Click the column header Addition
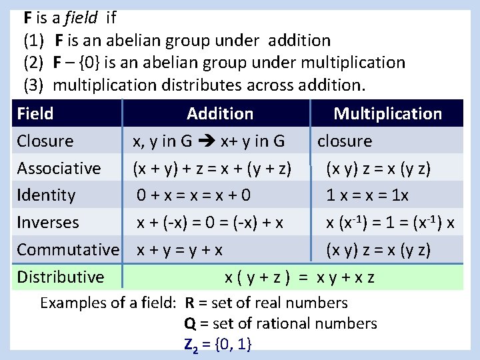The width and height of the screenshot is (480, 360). tap(220, 114)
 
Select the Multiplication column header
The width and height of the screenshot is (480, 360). tap(387, 114)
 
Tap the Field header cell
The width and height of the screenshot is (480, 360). tap(35, 114)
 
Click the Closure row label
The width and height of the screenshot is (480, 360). tap(45, 141)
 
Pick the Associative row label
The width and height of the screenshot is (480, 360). tap(59, 169)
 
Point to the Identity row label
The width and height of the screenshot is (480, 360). tap(46, 195)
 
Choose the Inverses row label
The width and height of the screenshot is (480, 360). tap(48, 223)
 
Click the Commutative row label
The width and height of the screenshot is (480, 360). tap(67, 250)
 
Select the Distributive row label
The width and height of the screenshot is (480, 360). tap(61, 277)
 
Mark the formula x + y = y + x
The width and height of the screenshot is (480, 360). tap(180, 250)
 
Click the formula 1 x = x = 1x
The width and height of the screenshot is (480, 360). tap(367, 195)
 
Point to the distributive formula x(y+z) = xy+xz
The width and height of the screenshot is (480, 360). tap(299, 277)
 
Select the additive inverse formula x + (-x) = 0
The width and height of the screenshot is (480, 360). tap(211, 223)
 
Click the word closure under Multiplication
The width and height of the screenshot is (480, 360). tap(345, 141)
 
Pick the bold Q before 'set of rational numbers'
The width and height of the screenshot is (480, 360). tap(190, 324)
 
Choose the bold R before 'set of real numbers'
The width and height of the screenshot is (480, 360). tap(190, 303)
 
